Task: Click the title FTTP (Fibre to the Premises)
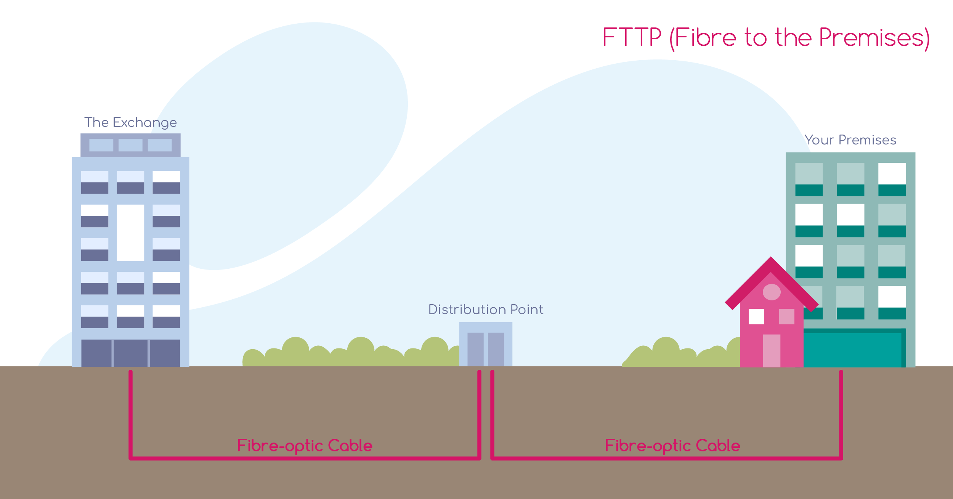click(x=765, y=38)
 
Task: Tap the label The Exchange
click(x=130, y=122)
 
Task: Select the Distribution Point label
click(x=486, y=310)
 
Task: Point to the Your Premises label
click(x=850, y=140)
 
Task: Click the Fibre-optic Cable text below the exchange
click(x=305, y=445)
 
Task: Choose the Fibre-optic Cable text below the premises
click(x=672, y=445)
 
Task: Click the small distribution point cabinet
click(x=486, y=344)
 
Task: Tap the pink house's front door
click(x=772, y=351)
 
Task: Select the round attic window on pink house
click(x=772, y=292)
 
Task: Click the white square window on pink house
click(x=756, y=316)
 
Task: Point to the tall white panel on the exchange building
click(x=130, y=233)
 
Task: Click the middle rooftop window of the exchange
click(x=130, y=145)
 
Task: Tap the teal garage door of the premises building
click(x=852, y=349)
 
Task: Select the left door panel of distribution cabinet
click(x=475, y=349)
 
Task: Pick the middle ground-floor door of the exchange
click(x=130, y=353)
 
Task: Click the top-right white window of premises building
click(x=892, y=174)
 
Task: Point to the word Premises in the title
click(x=873, y=38)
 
